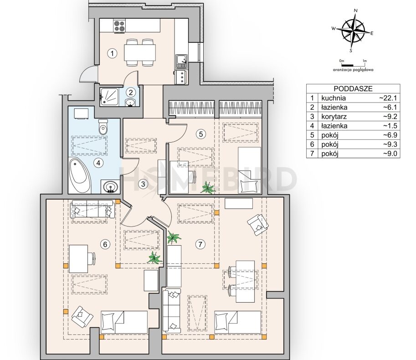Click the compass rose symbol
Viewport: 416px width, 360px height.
click(x=354, y=31)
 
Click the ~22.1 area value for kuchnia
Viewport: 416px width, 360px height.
click(x=391, y=98)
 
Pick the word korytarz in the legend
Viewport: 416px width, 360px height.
click(x=334, y=117)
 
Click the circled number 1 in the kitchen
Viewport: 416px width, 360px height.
click(x=113, y=53)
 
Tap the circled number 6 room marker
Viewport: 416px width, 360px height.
click(x=105, y=245)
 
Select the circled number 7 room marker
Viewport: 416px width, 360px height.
click(x=200, y=244)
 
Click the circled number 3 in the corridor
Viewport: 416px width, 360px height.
click(x=143, y=184)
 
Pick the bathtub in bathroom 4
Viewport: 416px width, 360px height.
click(x=80, y=176)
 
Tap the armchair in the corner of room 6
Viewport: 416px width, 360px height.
click(x=82, y=315)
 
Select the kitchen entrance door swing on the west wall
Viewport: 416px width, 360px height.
click(x=88, y=74)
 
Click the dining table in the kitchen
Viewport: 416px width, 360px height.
click(x=140, y=52)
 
